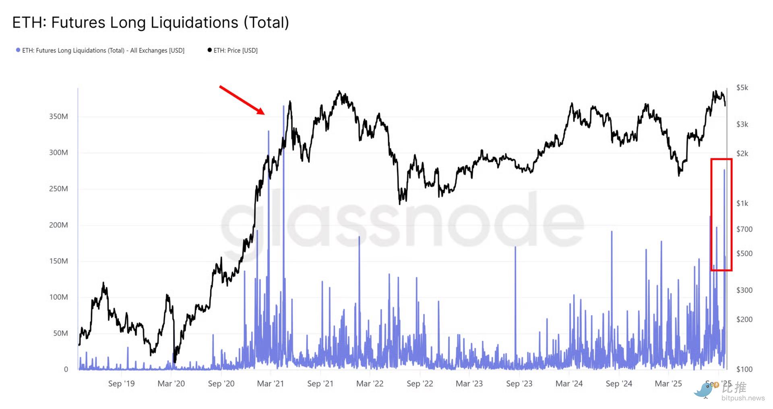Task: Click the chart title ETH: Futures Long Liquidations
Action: tap(151, 23)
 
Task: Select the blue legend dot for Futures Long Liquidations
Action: tap(18, 50)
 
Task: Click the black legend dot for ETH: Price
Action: tap(209, 50)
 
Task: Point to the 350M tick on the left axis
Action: tap(58, 117)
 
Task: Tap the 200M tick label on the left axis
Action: tap(58, 225)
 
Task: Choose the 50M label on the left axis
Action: tap(60, 333)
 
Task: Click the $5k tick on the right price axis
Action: tap(742, 88)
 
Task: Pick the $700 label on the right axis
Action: tap(744, 229)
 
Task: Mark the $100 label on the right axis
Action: tap(744, 369)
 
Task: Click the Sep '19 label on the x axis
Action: tap(121, 384)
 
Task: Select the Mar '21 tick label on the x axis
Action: tap(270, 384)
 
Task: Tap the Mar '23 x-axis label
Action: tap(469, 384)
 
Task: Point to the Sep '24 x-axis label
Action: tap(619, 384)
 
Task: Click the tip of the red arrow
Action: tap(264, 114)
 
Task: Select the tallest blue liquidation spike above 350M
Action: tap(283, 106)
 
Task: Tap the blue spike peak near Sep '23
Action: tap(515, 247)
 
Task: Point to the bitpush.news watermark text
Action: tap(743, 398)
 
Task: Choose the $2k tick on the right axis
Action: tap(742, 154)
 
